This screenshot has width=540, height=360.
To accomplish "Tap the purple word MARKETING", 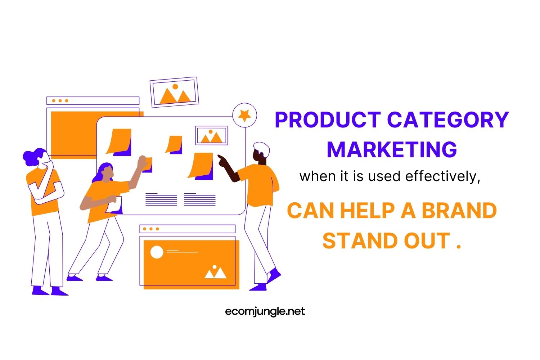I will click(392, 149).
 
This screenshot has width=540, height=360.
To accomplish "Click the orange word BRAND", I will click(459, 211).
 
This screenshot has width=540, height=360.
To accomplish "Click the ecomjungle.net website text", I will click(265, 311).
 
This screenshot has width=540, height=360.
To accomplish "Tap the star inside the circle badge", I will click(245, 116).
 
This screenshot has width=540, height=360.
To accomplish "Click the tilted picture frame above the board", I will click(175, 92).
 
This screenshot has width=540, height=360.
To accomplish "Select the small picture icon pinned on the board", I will click(211, 136).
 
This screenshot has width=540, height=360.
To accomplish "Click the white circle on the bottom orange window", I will click(157, 252).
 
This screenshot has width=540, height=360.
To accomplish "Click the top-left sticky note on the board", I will click(119, 141).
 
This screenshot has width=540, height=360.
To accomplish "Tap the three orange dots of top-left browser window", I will click(60, 101).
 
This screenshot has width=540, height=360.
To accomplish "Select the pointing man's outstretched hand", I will click(222, 161).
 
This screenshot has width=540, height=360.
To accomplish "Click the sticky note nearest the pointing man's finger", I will click(202, 165).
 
